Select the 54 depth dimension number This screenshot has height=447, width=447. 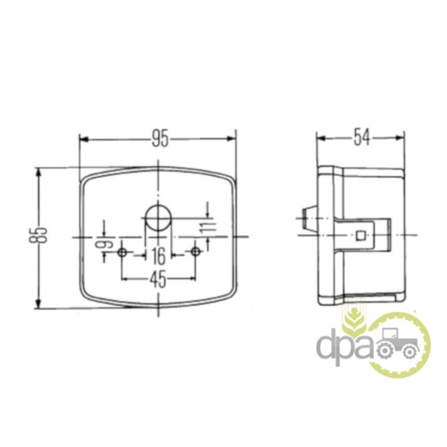tap(361, 138)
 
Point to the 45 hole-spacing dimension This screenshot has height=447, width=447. tap(157, 280)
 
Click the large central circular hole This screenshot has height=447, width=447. tap(158, 217)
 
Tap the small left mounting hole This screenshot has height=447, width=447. tap(122, 253)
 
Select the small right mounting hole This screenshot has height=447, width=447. tap(196, 252)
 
